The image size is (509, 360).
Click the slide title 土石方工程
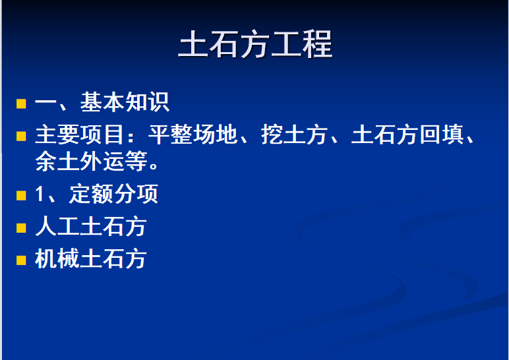click(255, 44)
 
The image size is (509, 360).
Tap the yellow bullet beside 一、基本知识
click(21, 104)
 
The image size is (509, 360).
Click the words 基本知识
click(125, 102)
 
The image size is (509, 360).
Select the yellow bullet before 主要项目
click(21, 136)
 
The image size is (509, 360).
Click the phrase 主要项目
click(80, 135)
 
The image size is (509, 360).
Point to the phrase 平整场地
click(192, 135)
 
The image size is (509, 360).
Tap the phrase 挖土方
click(294, 135)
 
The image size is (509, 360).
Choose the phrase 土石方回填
click(407, 135)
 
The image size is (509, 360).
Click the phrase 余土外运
click(80, 161)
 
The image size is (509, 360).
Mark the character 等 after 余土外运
click(136, 161)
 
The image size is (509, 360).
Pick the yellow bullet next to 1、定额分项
click(21, 195)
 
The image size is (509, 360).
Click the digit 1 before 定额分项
click(40, 194)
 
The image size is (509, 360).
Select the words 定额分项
click(113, 194)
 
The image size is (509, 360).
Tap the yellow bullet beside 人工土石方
click(21, 228)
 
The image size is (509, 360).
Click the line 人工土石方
click(90, 226)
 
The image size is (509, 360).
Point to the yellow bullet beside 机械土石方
click(21, 260)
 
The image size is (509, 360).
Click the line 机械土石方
click(90, 258)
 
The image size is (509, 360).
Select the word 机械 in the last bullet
click(57, 258)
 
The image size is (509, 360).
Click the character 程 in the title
click(318, 44)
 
